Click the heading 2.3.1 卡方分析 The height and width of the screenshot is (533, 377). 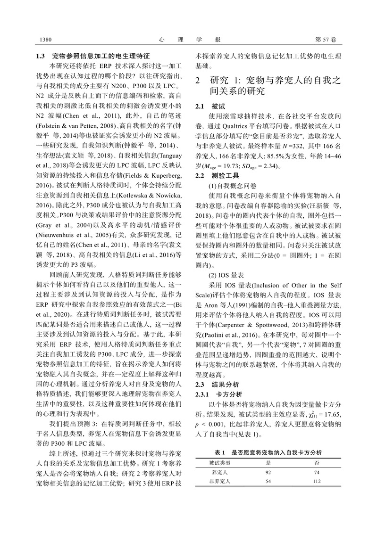tap(219, 393)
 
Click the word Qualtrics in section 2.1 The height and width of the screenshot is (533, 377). tap(243, 126)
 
